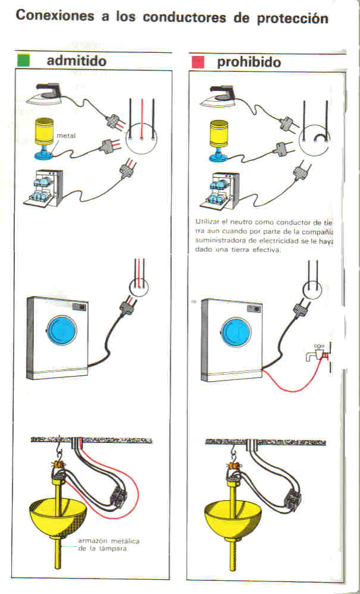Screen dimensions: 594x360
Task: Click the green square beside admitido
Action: click(24, 61)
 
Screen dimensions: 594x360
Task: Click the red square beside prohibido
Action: click(199, 61)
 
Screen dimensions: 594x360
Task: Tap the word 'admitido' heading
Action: click(77, 61)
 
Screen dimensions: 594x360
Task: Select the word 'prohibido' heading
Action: click(249, 62)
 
